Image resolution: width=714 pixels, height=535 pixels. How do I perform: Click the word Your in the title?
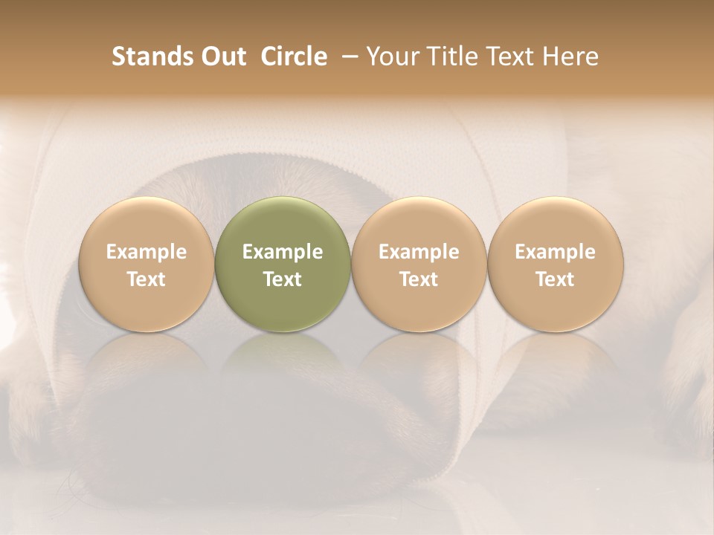[390, 56]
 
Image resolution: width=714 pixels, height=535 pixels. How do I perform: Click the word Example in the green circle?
[283, 252]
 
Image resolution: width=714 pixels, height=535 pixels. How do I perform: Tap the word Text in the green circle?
[283, 279]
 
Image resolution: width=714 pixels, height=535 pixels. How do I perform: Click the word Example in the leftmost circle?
[147, 252]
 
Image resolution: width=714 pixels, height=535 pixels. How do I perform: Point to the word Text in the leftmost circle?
[147, 279]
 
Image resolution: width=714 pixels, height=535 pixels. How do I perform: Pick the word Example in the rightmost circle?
[555, 252]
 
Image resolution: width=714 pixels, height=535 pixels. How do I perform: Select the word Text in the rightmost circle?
[555, 279]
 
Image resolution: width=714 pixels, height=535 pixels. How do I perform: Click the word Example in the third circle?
[419, 252]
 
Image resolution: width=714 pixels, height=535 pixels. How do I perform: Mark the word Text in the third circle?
[419, 279]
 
